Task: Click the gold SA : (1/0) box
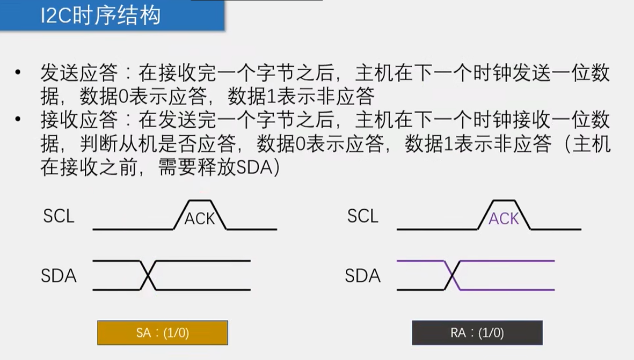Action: (163, 333)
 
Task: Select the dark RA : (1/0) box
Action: (477, 333)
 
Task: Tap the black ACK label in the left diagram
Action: (199, 218)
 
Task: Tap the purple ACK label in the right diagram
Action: (504, 218)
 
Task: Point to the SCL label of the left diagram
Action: (59, 216)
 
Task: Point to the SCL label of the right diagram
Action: (363, 216)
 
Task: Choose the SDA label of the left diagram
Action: (59, 276)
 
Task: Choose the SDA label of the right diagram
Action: (363, 276)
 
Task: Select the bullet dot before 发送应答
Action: (19, 72)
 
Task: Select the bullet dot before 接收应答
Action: (19, 119)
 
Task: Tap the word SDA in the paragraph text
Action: (254, 167)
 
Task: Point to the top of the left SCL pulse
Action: (200, 201)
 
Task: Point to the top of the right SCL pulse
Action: (504, 201)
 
